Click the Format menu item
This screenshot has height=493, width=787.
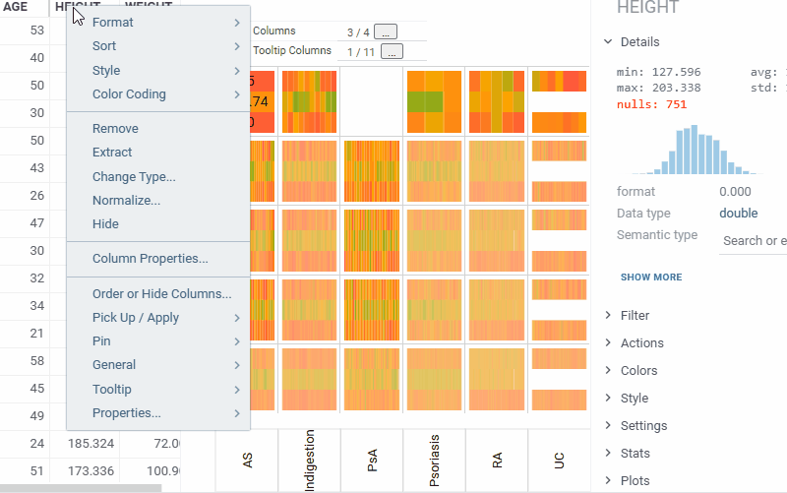click(x=113, y=23)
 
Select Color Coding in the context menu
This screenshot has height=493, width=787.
click(x=129, y=94)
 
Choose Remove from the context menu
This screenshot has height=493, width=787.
click(x=115, y=129)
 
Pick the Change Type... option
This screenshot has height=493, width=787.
click(x=134, y=177)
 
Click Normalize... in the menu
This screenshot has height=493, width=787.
click(x=126, y=201)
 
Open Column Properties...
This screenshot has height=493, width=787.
click(x=150, y=259)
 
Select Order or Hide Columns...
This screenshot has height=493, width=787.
click(x=161, y=294)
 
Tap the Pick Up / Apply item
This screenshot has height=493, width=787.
click(x=136, y=318)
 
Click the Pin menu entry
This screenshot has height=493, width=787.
click(x=101, y=341)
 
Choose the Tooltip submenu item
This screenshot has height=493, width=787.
click(x=112, y=390)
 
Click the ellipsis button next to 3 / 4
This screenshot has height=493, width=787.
click(x=386, y=32)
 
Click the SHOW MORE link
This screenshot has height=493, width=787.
click(x=650, y=277)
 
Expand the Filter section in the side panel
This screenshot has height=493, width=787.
click(x=635, y=316)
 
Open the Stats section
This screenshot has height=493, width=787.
click(x=635, y=454)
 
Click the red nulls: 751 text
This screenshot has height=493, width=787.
click(x=651, y=104)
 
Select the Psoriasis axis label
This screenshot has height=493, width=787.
click(x=435, y=460)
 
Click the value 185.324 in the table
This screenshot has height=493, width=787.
click(x=88, y=445)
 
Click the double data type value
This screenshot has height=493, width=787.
click(x=738, y=214)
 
